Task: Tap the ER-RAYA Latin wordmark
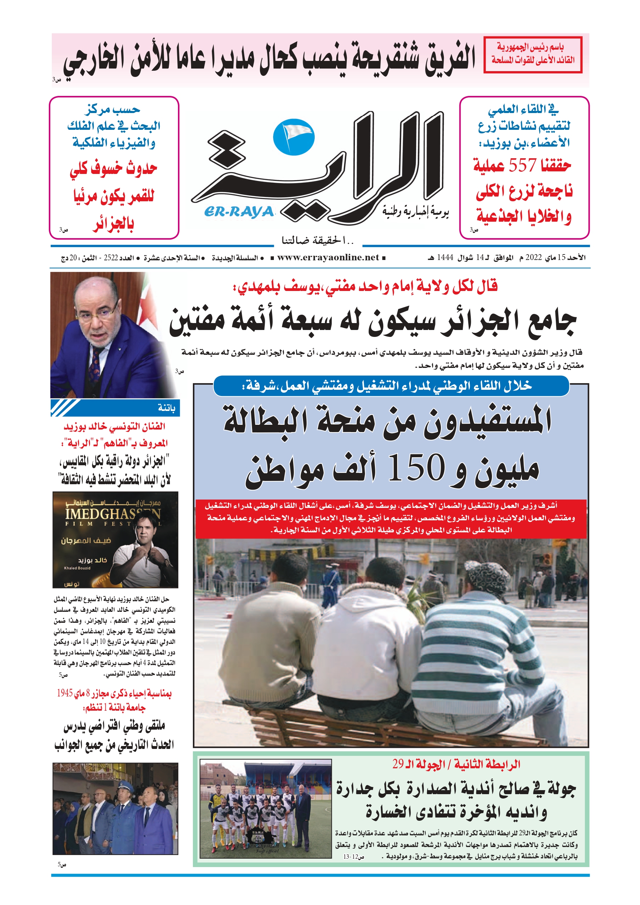[x=239, y=212]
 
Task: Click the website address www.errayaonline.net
[x=328, y=257]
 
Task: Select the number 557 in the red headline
[x=522, y=166]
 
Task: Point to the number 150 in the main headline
[x=416, y=468]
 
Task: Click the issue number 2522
[x=111, y=258]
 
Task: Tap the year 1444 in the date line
[x=445, y=258]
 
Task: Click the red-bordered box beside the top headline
[x=533, y=54]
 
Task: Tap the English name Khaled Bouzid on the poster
[x=77, y=568]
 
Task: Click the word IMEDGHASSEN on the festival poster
[x=112, y=514]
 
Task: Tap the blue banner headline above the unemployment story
[x=391, y=386]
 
